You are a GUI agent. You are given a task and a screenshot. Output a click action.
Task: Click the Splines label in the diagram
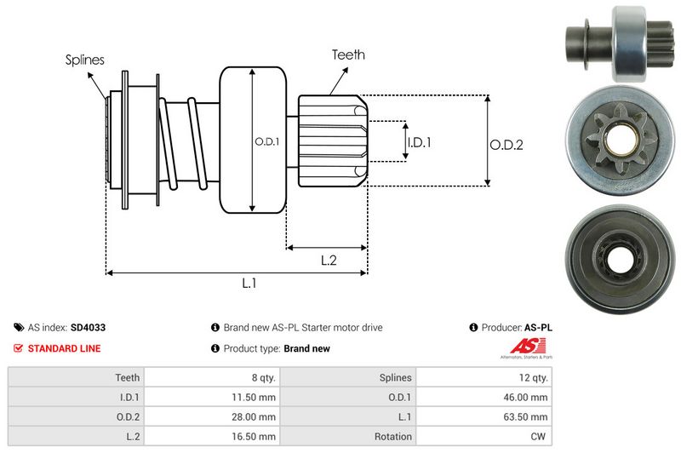coord(85,60)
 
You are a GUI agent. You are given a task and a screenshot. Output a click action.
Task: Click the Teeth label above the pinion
coord(348,54)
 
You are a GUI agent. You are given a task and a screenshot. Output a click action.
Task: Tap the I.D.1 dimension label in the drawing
coord(419,143)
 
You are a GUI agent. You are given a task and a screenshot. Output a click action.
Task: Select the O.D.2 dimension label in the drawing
coord(506,145)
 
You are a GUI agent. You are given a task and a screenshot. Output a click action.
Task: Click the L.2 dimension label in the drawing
coord(329,261)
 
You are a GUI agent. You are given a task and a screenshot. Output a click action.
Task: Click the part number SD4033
coord(88,327)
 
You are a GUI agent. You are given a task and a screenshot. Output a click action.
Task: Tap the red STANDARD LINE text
coord(64,348)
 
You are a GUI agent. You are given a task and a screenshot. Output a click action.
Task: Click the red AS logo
coord(522,346)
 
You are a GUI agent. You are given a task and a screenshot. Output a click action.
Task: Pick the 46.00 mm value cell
coord(529,395)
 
